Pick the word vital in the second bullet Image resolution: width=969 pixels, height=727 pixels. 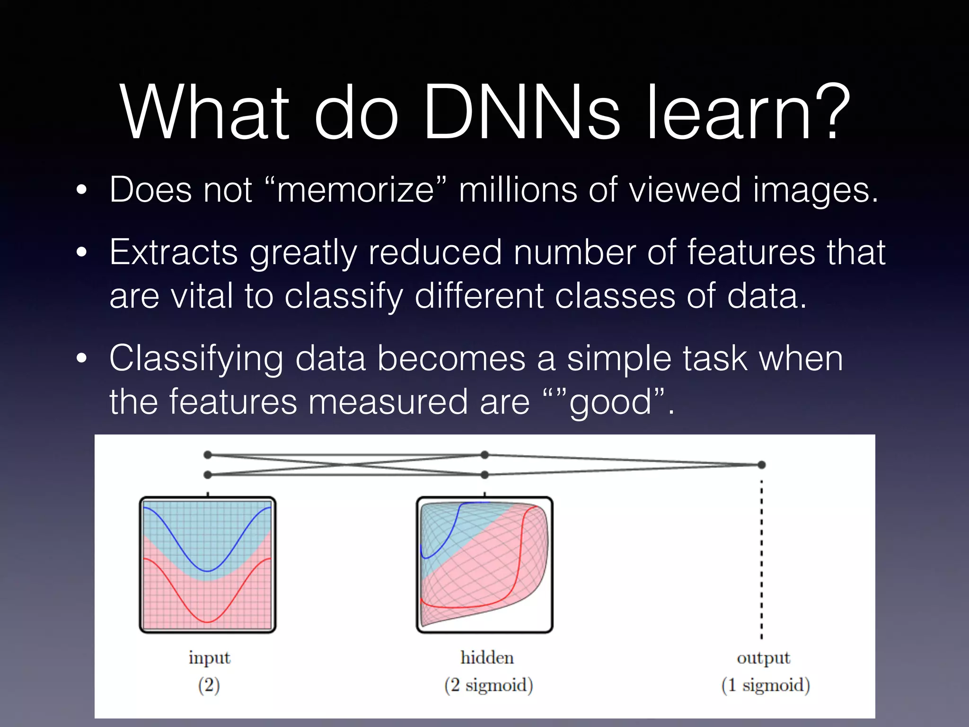pyautogui.click(x=202, y=296)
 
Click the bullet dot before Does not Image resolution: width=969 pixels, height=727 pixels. pyautogui.click(x=82, y=190)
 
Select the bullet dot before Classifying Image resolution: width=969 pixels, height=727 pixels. pyautogui.click(x=82, y=359)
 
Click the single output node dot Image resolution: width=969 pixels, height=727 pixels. pyautogui.click(x=761, y=465)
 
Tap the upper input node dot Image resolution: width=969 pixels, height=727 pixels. pyautogui.click(x=207, y=455)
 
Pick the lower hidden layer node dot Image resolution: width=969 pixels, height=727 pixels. pyautogui.click(x=484, y=474)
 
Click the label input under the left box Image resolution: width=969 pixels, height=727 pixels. pyautogui.click(x=209, y=658)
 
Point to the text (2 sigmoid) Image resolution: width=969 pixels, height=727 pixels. pyautogui.click(x=488, y=685)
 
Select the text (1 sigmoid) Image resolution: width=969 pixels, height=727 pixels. pyautogui.click(x=765, y=685)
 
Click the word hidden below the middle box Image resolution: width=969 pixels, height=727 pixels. pyautogui.click(x=487, y=658)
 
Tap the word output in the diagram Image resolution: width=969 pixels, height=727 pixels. pyautogui.click(x=763, y=658)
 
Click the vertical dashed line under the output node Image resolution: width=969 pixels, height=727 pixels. pyautogui.click(x=761, y=559)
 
